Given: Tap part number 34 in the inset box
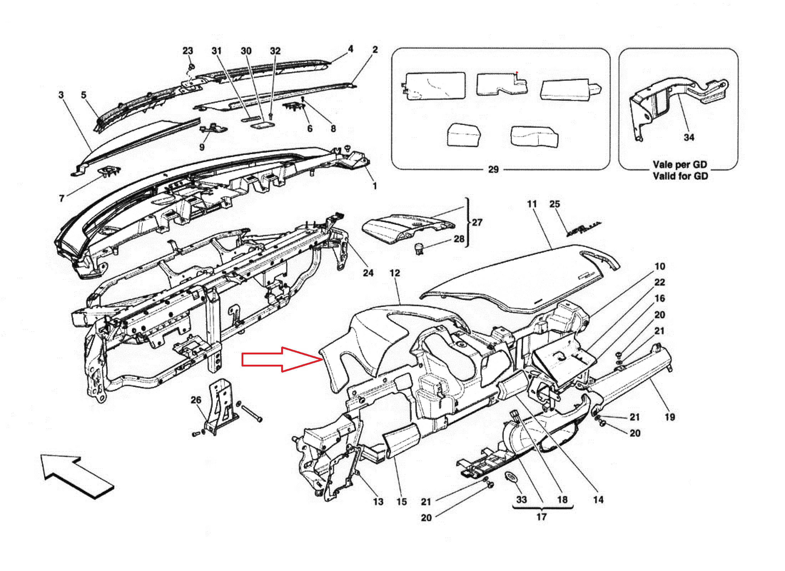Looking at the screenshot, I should click(x=689, y=137).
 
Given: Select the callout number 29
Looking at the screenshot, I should click(x=493, y=170).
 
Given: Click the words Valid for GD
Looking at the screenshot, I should click(x=680, y=176).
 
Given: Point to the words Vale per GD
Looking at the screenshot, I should click(x=680, y=165).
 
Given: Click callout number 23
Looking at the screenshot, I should click(x=188, y=51).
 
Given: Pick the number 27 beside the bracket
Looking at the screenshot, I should click(x=477, y=222).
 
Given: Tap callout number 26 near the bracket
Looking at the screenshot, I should click(x=196, y=400).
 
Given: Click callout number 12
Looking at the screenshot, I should click(x=395, y=273).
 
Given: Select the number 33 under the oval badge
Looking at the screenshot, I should click(x=521, y=499).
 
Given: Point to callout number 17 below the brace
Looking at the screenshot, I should click(x=541, y=517).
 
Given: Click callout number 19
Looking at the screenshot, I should click(x=670, y=417).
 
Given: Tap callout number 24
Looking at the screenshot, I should click(x=368, y=273).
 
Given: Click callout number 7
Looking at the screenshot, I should click(x=61, y=198).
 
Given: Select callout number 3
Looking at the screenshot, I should click(x=61, y=95).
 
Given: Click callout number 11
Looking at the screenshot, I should click(x=532, y=204).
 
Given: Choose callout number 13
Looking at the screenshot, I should click(x=378, y=502).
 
